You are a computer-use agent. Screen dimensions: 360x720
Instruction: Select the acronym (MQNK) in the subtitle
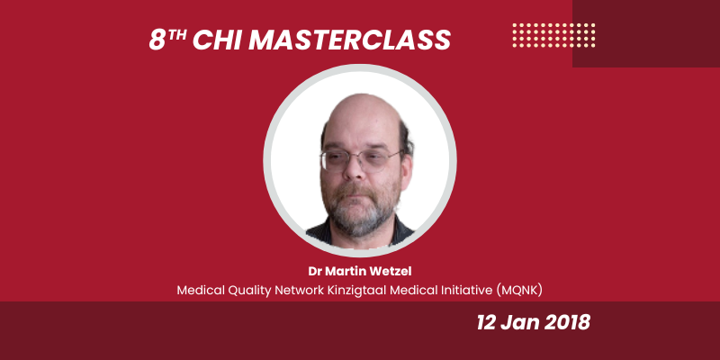pyautogui.click(x=516, y=290)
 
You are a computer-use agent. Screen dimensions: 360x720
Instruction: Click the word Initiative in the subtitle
pyautogui.click(x=455, y=290)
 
